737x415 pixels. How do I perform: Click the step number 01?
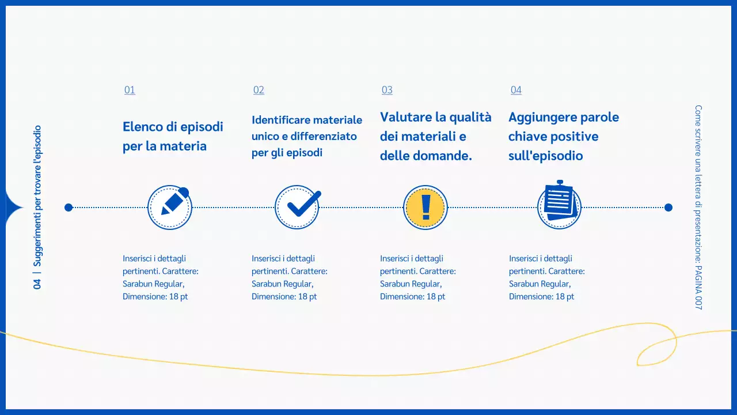click(x=130, y=90)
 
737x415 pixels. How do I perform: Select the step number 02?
click(x=259, y=90)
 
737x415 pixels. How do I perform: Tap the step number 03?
click(x=387, y=90)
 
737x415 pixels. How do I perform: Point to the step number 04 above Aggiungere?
click(x=516, y=90)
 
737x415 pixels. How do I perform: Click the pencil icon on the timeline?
click(x=170, y=207)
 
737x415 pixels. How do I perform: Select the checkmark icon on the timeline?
click(x=297, y=207)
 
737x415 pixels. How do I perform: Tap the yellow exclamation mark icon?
click(x=426, y=207)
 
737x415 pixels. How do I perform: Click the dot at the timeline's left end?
click(x=69, y=207)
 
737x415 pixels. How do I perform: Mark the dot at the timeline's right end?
click(x=668, y=207)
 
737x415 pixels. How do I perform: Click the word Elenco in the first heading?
click(x=142, y=127)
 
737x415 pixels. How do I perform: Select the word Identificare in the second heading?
click(x=280, y=120)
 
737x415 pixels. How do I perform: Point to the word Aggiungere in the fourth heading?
click(x=542, y=118)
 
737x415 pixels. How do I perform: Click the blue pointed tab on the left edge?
click(x=12, y=207)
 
